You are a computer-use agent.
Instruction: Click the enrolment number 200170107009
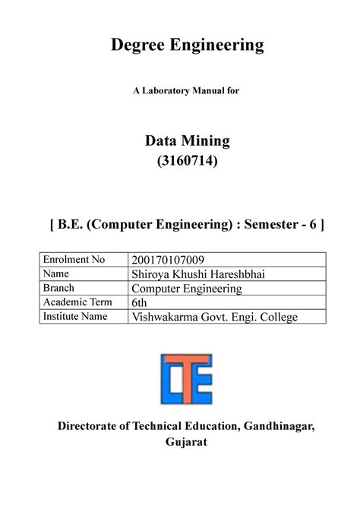pos(169,262)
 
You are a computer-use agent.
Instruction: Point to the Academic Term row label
pos(75,302)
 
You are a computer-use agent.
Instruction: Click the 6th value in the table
pos(140,303)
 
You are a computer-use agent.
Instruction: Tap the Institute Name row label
pos(77,315)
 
